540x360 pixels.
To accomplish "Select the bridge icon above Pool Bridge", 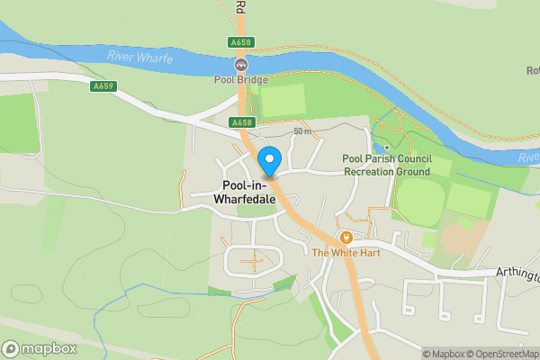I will pos(240,65).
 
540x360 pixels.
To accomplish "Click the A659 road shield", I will pos(102,87).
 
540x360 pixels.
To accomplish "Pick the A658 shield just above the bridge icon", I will pos(241,42).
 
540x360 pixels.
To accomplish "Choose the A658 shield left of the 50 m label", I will pos(241,122).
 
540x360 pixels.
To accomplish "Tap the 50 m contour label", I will pos(301,132).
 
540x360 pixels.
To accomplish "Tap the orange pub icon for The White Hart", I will pos(344,238).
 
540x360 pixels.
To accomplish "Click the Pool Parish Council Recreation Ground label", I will pos(386,165).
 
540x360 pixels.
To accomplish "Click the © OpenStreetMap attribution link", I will pos(505,354).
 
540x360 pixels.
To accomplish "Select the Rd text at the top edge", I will pos(240,5).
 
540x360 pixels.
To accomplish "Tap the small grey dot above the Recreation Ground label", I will pos(386,148).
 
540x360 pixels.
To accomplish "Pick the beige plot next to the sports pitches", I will pos(462,238).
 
